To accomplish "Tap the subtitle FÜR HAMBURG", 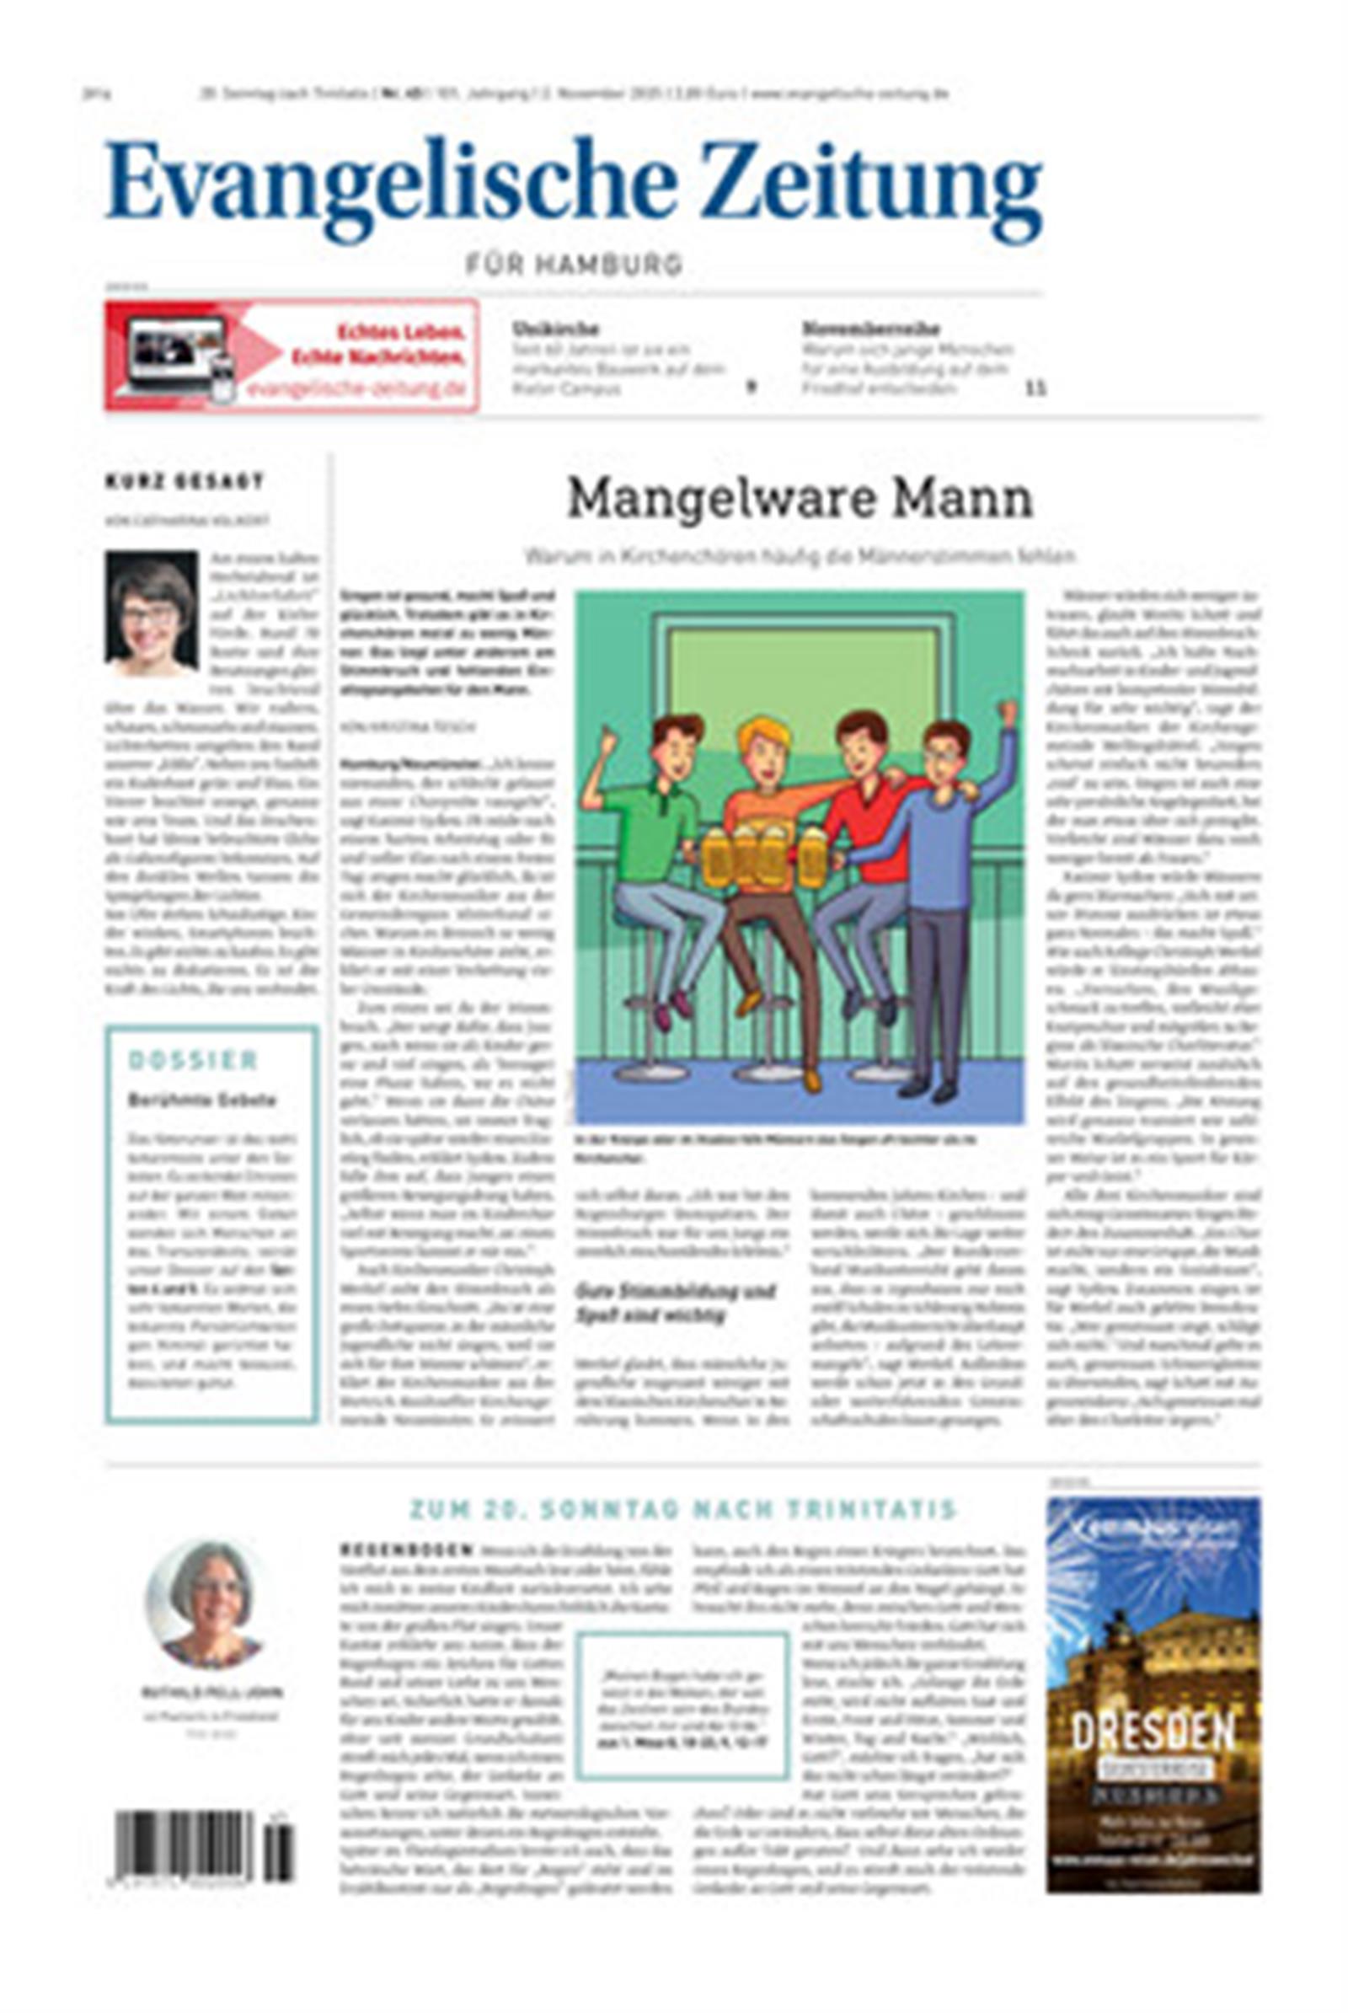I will (x=575, y=264).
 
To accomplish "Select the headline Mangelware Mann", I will (x=800, y=499).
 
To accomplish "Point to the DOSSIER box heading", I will (x=193, y=1061).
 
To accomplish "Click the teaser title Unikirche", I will (x=555, y=329).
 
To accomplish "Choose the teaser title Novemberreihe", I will (x=871, y=329).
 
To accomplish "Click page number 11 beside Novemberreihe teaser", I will (x=1036, y=388).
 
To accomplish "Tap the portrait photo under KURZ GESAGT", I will (x=152, y=613).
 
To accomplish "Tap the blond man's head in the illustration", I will (x=762, y=744).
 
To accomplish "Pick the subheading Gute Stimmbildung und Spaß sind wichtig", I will (x=674, y=1303).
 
